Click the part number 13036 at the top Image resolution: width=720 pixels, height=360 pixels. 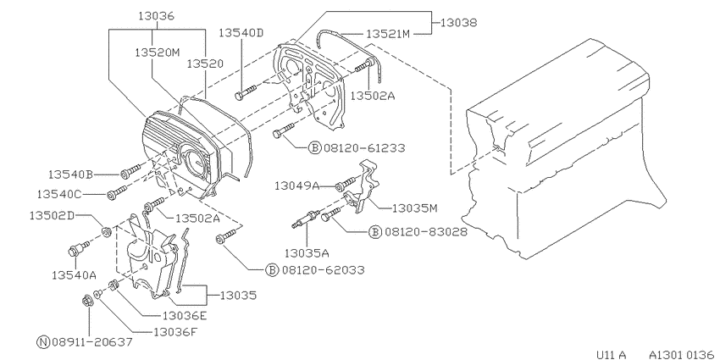(157, 16)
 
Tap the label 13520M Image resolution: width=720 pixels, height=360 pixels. (157, 53)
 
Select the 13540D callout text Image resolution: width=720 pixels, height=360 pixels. (241, 32)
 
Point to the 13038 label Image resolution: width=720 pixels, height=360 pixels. (459, 22)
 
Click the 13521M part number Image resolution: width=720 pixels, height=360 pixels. (388, 34)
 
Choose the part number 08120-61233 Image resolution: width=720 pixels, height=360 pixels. (364, 148)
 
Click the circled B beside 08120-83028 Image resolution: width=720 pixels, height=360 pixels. (375, 232)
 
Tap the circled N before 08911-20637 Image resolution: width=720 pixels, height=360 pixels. (42, 341)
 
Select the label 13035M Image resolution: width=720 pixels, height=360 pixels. (415, 208)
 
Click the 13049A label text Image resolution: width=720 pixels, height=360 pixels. (297, 186)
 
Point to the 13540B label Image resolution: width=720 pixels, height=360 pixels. (70, 174)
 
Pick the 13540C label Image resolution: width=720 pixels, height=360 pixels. (59, 194)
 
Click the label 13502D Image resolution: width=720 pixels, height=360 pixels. (52, 215)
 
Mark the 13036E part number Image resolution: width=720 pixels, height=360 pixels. (185, 315)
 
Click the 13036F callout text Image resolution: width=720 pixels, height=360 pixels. (175, 331)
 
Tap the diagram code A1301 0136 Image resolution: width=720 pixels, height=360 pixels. (683, 354)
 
